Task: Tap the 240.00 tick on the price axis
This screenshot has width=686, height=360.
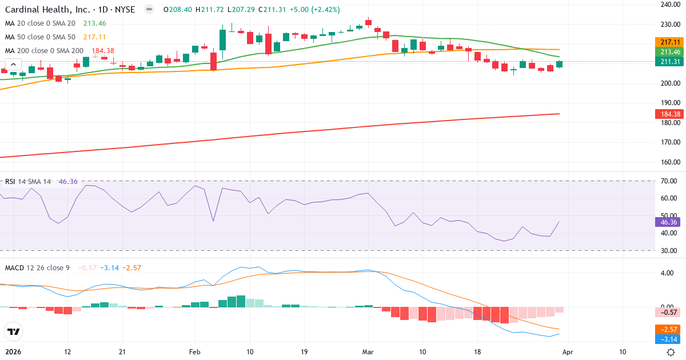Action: pyautogui.click(x=669, y=5)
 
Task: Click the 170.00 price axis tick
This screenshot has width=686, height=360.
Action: pyautogui.click(x=669, y=142)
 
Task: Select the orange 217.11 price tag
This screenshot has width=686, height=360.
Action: pyautogui.click(x=669, y=42)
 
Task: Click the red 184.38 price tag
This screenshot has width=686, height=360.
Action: pyautogui.click(x=669, y=114)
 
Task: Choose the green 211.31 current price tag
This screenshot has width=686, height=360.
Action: pyautogui.click(x=669, y=62)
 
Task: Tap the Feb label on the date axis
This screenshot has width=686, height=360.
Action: pyautogui.click(x=195, y=352)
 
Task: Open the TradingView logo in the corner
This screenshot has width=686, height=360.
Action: pyautogui.click(x=13, y=331)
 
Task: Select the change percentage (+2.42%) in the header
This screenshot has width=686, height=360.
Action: pyautogui.click(x=327, y=10)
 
